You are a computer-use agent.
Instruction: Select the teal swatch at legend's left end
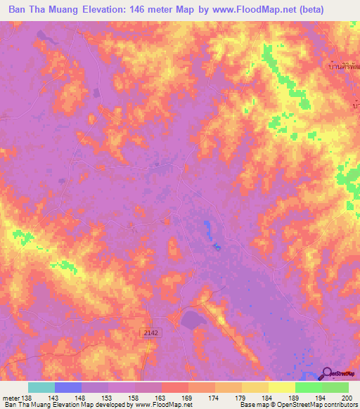click(41, 387)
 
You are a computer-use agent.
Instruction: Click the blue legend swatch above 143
click(68, 387)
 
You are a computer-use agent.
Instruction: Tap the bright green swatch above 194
click(308, 387)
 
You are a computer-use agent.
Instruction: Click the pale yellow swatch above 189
click(281, 387)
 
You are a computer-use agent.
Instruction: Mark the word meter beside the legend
click(10, 398)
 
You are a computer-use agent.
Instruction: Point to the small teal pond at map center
click(217, 246)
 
